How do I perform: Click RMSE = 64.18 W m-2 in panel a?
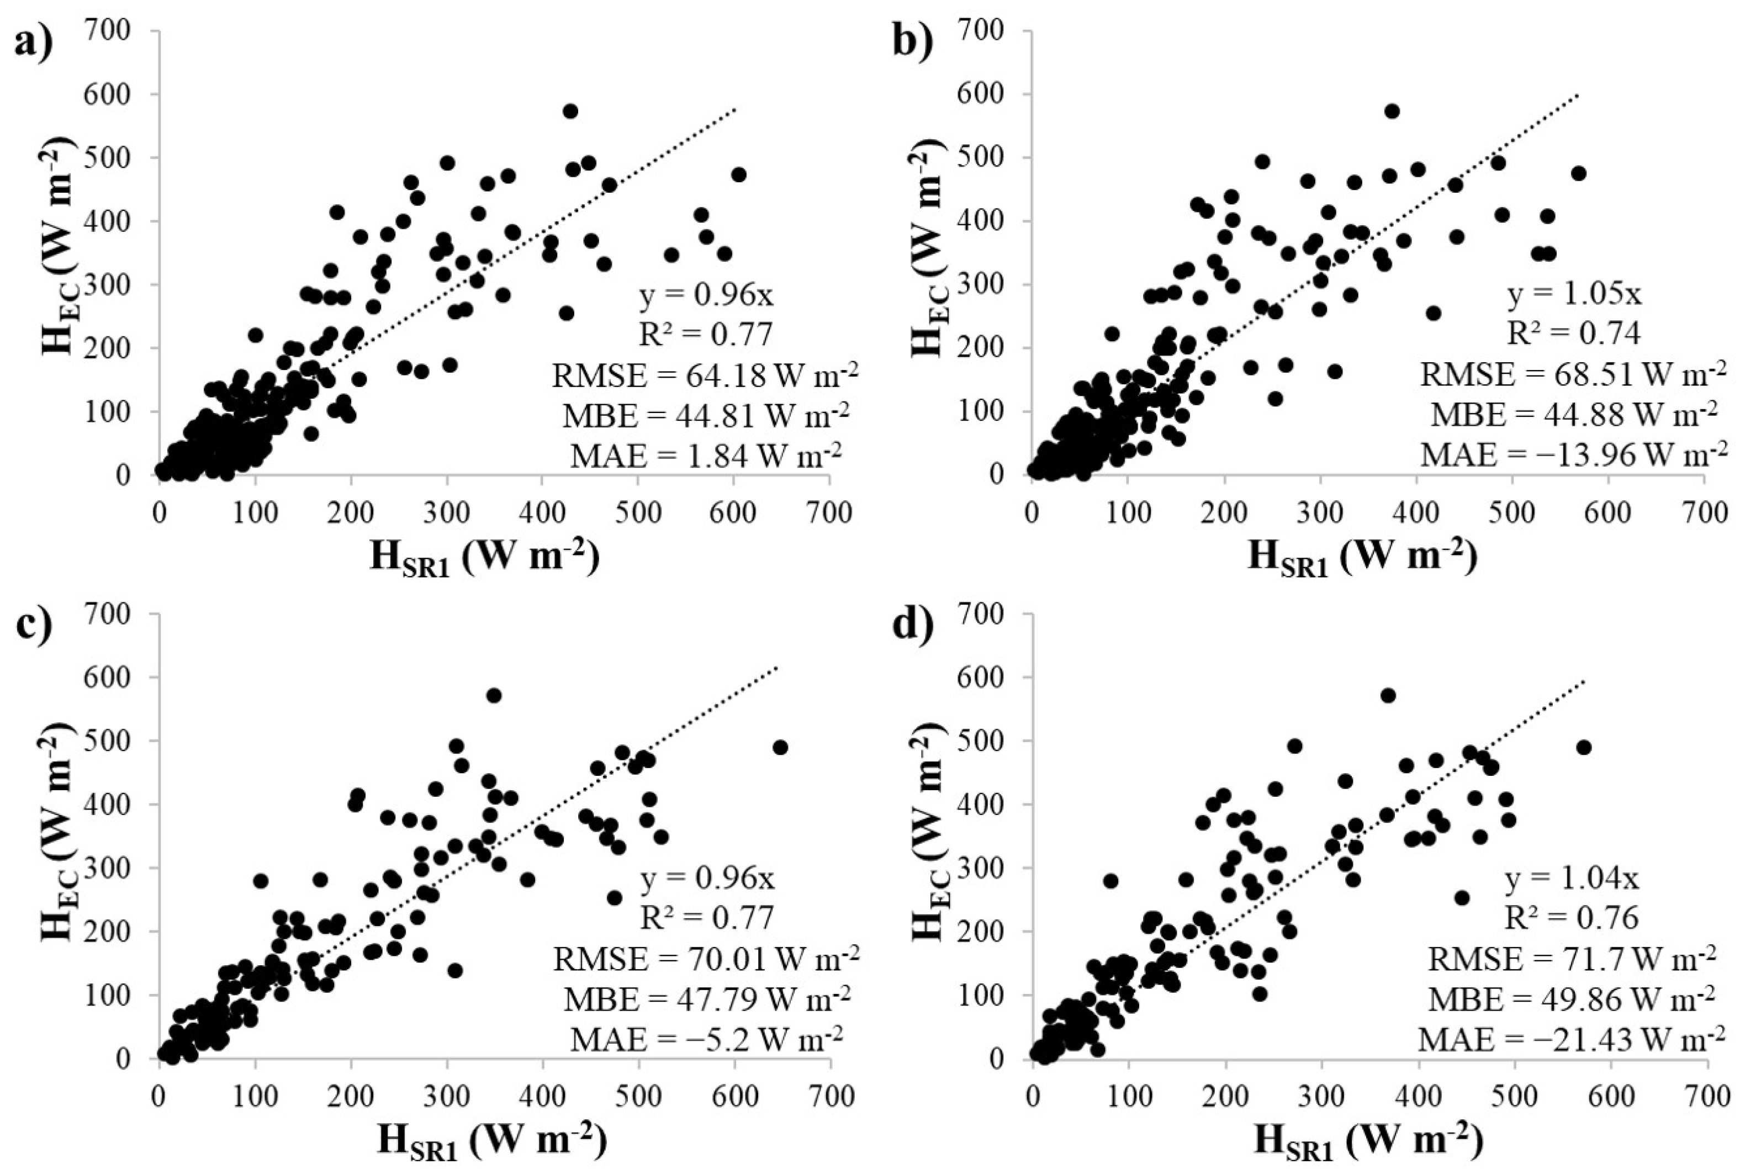pyautogui.click(x=705, y=375)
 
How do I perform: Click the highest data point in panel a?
pyautogui.click(x=570, y=111)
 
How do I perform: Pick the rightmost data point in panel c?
pyautogui.click(x=780, y=747)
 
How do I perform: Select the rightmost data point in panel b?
pyautogui.click(x=1578, y=173)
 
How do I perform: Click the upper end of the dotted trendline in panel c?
pyautogui.click(x=777, y=667)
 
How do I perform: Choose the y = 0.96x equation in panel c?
pyautogui.click(x=707, y=880)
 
